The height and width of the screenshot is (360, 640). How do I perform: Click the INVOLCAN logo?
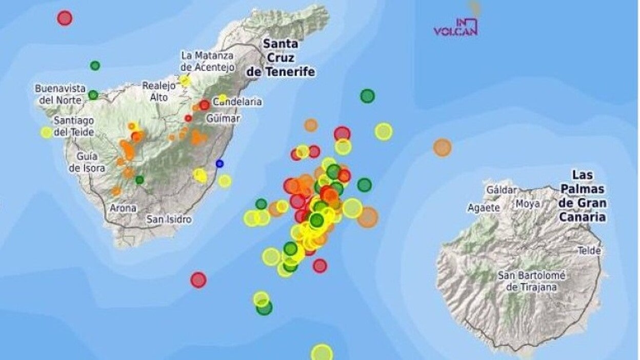pyautogui.click(x=456, y=27)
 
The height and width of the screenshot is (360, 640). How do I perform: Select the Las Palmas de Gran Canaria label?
pyautogui.click(x=583, y=196)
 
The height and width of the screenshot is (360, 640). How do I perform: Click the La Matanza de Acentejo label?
pyautogui.click(x=208, y=61)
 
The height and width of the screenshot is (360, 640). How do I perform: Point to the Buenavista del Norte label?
pyautogui.click(x=61, y=94)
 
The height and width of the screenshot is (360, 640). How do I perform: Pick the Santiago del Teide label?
pyautogui.click(x=74, y=126)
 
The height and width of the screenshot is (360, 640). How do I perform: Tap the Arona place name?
pyautogui.click(x=123, y=208)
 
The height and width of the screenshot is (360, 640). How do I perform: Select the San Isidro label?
pyautogui.click(x=169, y=219)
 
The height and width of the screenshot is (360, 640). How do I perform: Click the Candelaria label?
pyautogui.click(x=238, y=102)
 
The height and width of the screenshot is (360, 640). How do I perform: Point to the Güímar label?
pyautogui.click(x=223, y=118)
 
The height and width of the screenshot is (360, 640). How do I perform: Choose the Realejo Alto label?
pyautogui.click(x=155, y=91)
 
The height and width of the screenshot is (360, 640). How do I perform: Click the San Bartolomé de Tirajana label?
pyautogui.click(x=531, y=281)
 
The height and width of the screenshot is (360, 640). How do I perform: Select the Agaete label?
pyautogui.click(x=483, y=208)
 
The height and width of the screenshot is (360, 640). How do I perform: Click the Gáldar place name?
pyautogui.click(x=501, y=190)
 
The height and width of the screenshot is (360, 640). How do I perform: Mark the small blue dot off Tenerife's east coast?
pyautogui.click(x=219, y=164)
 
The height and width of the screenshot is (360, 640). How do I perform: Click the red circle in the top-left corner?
pyautogui.click(x=65, y=18)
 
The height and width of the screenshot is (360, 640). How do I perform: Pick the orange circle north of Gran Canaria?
pyautogui.click(x=442, y=148)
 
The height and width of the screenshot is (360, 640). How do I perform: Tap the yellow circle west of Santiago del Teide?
pyautogui.click(x=47, y=132)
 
